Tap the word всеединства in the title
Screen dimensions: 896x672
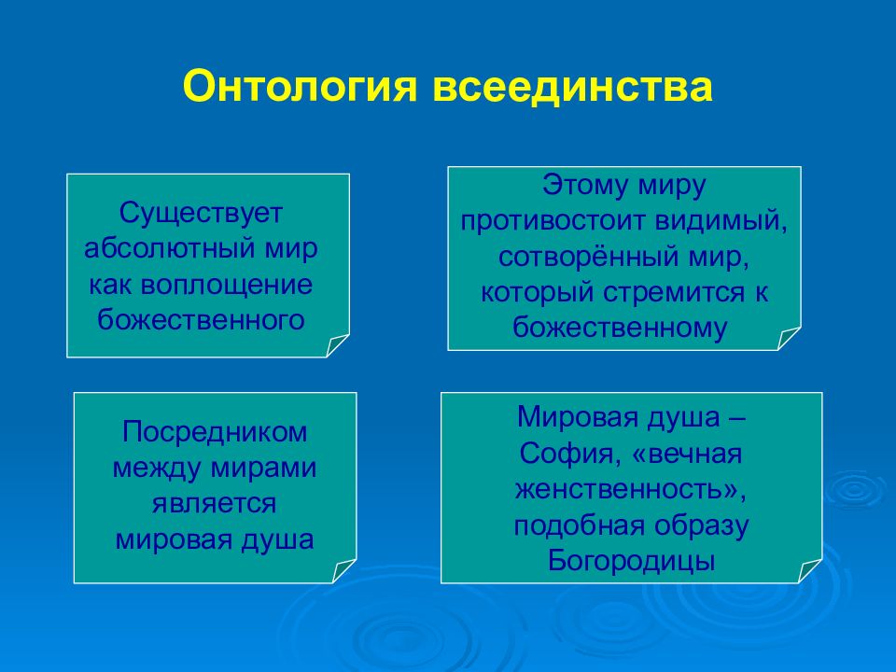(572, 86)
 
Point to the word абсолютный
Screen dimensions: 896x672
(172, 248)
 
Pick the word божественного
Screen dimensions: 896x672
(202, 319)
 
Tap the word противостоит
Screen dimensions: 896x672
(553, 222)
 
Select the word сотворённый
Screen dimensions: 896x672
(589, 257)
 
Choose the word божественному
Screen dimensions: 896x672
(620, 328)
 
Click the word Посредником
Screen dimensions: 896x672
(215, 433)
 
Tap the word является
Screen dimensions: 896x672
(215, 504)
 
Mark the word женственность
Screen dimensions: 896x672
(623, 490)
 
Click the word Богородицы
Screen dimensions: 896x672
(632, 561)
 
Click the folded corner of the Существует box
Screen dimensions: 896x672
(338, 345)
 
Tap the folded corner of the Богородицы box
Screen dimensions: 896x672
(810, 571)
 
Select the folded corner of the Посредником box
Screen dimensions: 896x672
(344, 571)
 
